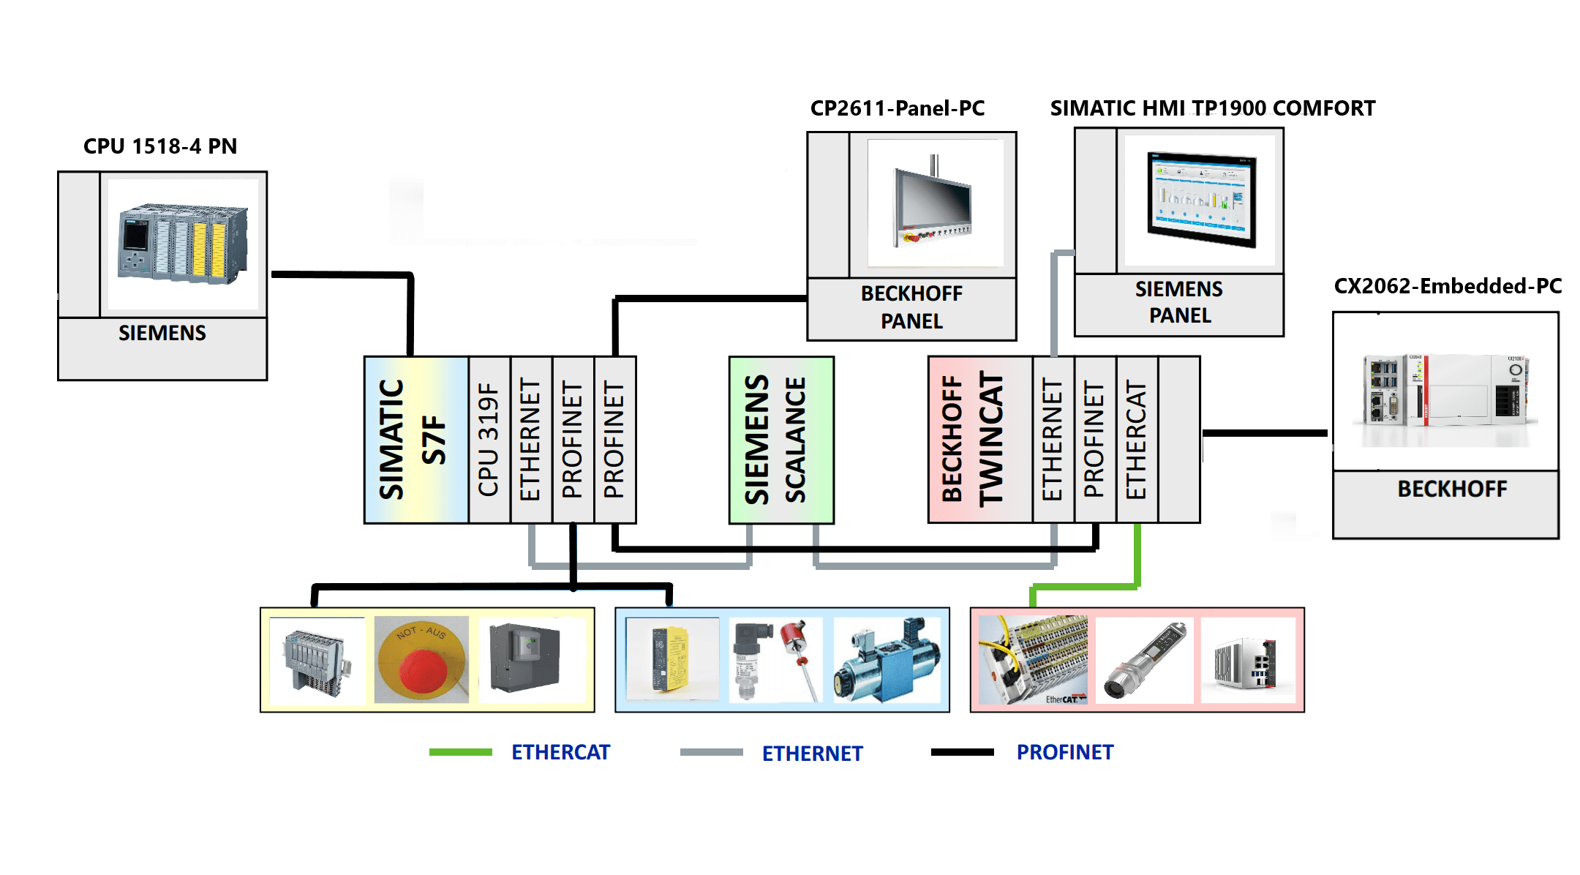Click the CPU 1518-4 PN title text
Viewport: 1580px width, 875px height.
click(160, 146)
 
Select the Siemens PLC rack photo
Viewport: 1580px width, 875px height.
click(183, 244)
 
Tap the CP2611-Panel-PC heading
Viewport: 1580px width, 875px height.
click(897, 108)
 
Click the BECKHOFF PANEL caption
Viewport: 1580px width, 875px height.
click(911, 307)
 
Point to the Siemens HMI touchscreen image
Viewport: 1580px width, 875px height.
click(1200, 200)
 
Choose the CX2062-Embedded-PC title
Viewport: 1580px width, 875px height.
click(1447, 286)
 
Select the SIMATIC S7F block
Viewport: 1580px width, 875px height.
click(415, 440)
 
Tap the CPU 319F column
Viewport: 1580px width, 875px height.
click(489, 440)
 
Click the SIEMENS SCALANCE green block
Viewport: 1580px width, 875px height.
click(780, 440)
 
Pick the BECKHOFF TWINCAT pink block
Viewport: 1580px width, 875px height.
click(979, 440)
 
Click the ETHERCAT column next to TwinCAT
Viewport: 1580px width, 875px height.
click(1136, 440)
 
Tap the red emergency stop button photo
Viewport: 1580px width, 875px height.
click(421, 660)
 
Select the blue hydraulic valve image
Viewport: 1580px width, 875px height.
click(887, 660)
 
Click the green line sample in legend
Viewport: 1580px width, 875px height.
click(460, 752)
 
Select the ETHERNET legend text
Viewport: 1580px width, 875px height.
click(812, 754)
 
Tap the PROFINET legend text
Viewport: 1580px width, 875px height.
click(1064, 752)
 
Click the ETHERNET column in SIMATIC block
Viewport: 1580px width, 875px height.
click(530, 440)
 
